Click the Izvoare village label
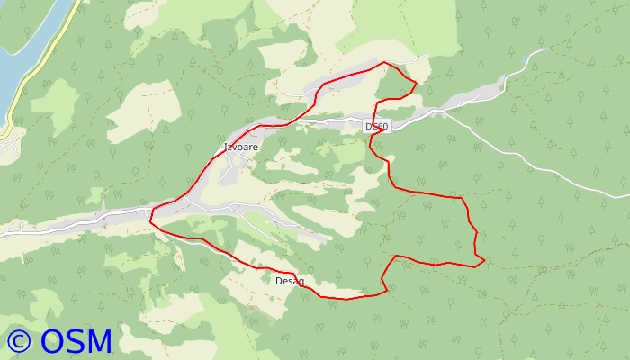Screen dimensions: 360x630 click(240, 147)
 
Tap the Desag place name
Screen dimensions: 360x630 click(289, 281)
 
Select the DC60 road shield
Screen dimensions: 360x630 click(377, 127)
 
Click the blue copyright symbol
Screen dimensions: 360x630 click(19, 340)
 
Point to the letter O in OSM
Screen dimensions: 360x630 click(53, 340)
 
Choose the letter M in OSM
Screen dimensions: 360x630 click(99, 340)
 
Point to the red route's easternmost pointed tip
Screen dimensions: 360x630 click(484, 262)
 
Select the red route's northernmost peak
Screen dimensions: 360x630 click(385, 62)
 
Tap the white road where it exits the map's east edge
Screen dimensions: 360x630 click(626, 196)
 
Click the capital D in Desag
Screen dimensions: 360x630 click(278, 281)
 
